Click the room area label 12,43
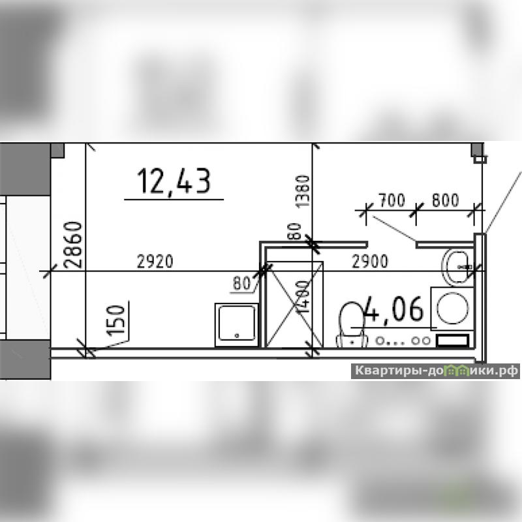pyautogui.click(x=174, y=182)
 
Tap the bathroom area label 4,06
pyautogui.click(x=395, y=309)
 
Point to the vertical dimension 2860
pyautogui.click(x=73, y=245)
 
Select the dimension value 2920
pyautogui.click(x=155, y=262)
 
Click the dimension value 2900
pyautogui.click(x=370, y=262)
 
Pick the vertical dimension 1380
pyautogui.click(x=303, y=191)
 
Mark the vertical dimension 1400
pyautogui.click(x=303, y=297)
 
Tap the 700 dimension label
pyautogui.click(x=392, y=200)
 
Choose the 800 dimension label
pyautogui.click(x=445, y=200)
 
